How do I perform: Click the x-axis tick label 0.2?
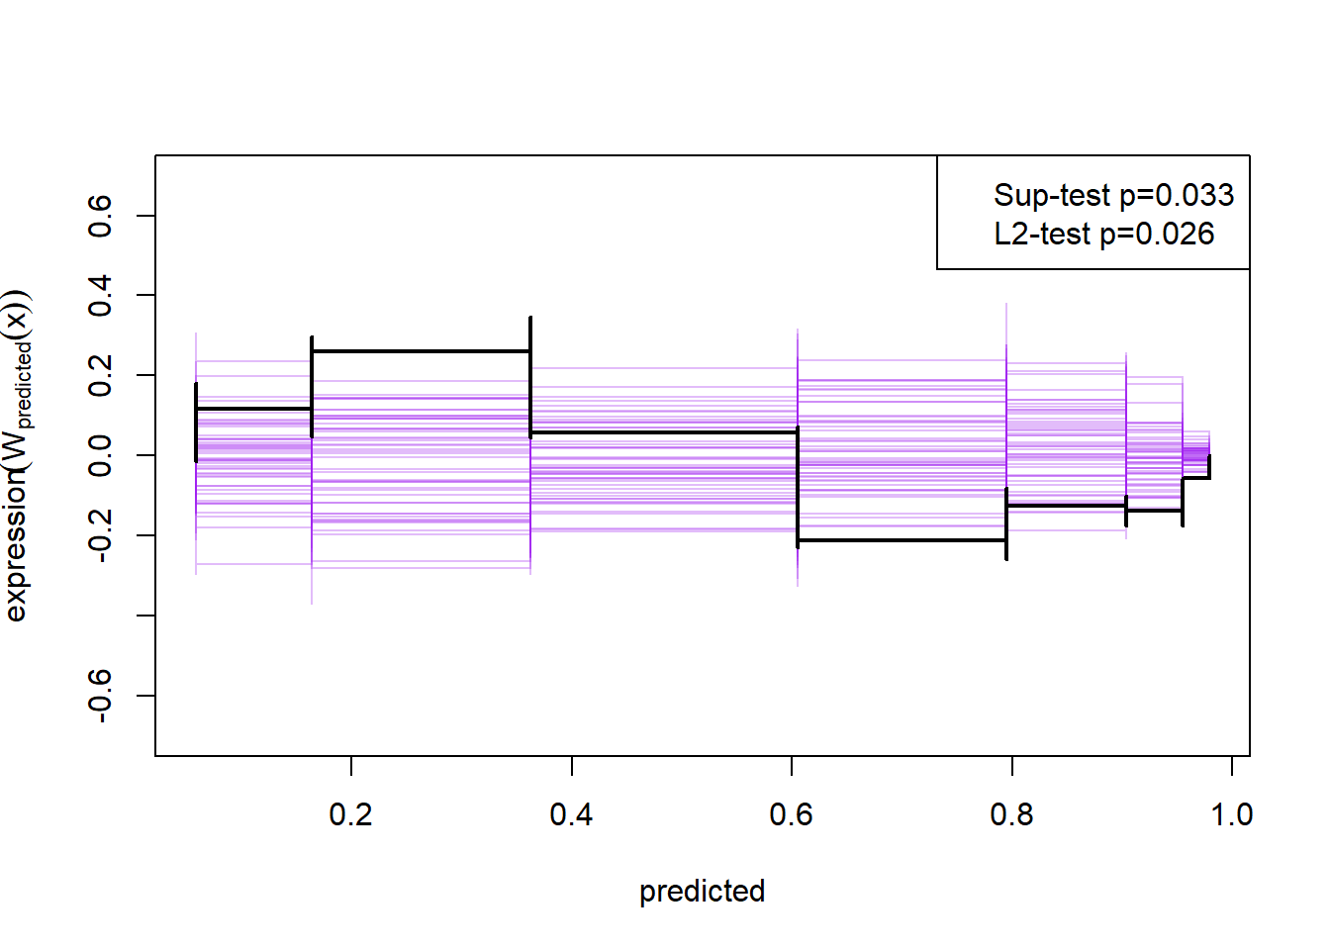tap(350, 814)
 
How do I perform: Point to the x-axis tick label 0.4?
tap(571, 814)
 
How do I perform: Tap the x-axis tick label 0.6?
tap(791, 814)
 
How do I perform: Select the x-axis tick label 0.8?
tap(1011, 814)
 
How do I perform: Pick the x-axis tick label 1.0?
tap(1231, 814)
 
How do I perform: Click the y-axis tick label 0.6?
tap(100, 216)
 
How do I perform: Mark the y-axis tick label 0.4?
tap(100, 296)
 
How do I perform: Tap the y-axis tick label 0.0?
tap(100, 455)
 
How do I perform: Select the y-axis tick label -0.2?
tap(100, 535)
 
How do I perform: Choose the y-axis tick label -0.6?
tap(100, 696)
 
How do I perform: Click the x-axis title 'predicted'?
tap(702, 891)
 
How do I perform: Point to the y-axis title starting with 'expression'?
tap(18, 455)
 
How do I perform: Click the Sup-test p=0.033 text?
tap(1113, 195)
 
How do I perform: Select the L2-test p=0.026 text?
tap(1103, 234)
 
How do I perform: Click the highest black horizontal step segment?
tap(421, 351)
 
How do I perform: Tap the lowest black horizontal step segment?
tap(902, 540)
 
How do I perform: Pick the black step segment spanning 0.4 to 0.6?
tap(663, 432)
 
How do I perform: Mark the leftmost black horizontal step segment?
tap(253, 409)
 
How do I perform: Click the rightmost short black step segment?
tap(1195, 478)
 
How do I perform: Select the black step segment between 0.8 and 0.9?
tap(1066, 506)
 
